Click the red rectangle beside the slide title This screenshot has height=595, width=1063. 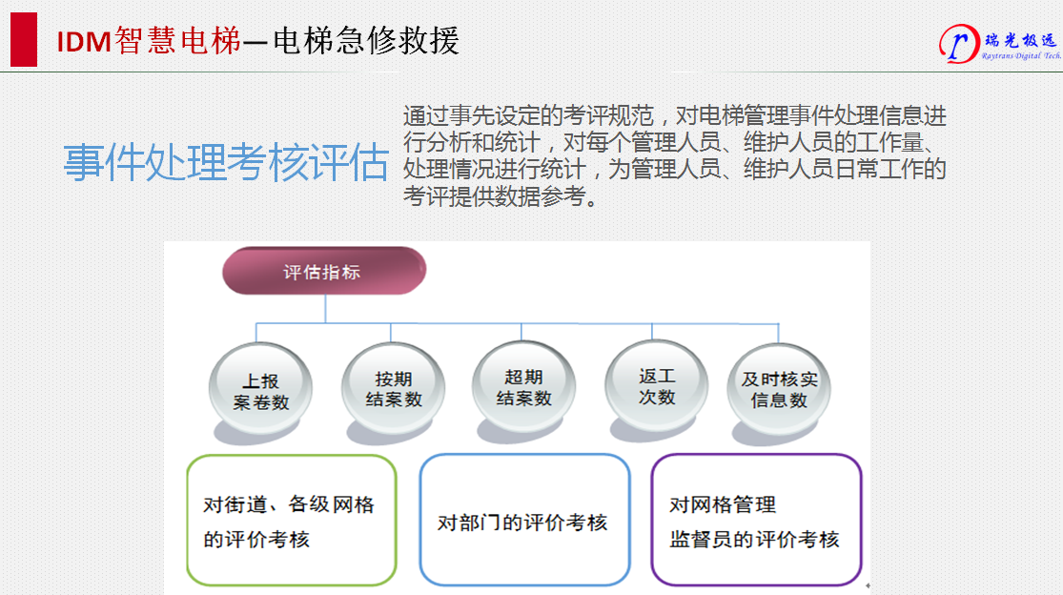tap(24, 39)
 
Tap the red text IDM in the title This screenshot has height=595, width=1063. tap(83, 42)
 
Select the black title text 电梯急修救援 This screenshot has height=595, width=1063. tap(366, 41)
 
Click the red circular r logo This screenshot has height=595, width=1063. tap(958, 43)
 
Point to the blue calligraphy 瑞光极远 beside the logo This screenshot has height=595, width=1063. tap(1020, 41)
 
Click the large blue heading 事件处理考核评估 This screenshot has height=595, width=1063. tap(227, 163)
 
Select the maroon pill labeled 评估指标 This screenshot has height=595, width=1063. tap(324, 271)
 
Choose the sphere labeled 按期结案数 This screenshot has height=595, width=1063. tap(393, 388)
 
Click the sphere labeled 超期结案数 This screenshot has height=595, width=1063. tap(523, 386)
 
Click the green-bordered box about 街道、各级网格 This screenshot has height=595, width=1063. tap(292, 520)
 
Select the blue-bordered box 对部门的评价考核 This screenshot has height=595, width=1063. tap(524, 519)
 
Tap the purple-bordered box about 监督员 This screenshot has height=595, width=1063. tap(757, 519)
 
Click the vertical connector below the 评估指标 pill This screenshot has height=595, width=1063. tap(325, 308)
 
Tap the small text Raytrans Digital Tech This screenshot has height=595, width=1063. tap(1022, 56)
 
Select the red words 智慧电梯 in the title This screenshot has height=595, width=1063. tap(177, 41)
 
